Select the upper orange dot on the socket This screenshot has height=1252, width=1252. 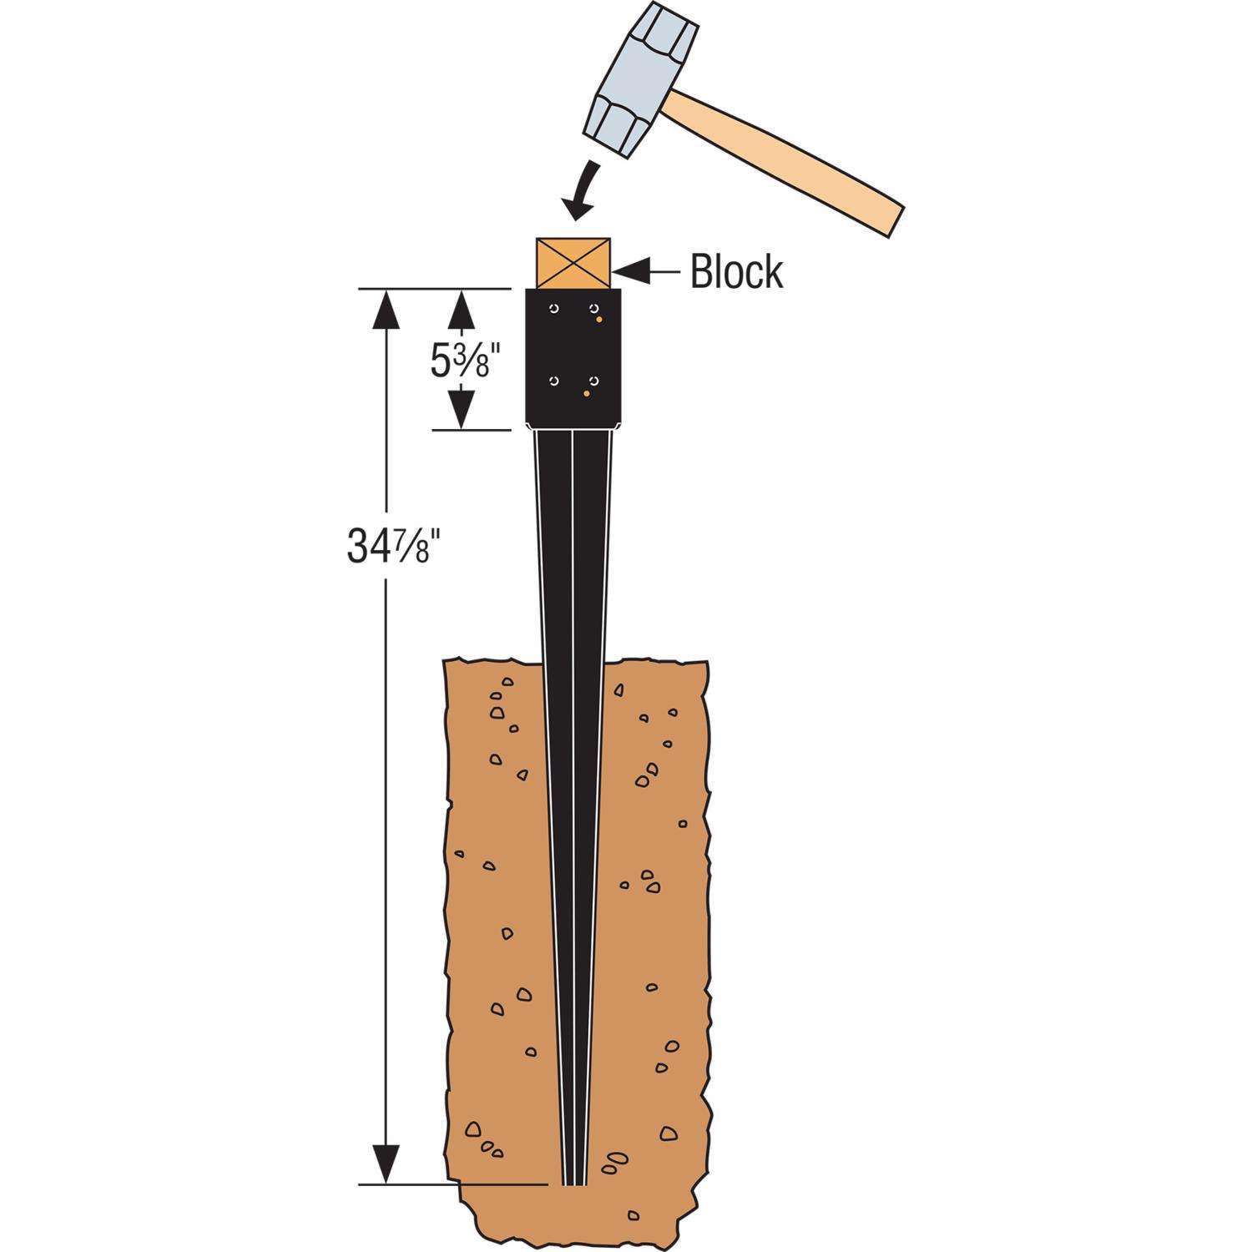[599, 320]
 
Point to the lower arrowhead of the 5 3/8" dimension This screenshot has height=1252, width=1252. [462, 411]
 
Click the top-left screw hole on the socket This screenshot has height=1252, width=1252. [553, 310]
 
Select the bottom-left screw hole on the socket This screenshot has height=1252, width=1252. [553, 381]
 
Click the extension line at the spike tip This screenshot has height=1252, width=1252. [455, 1184]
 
